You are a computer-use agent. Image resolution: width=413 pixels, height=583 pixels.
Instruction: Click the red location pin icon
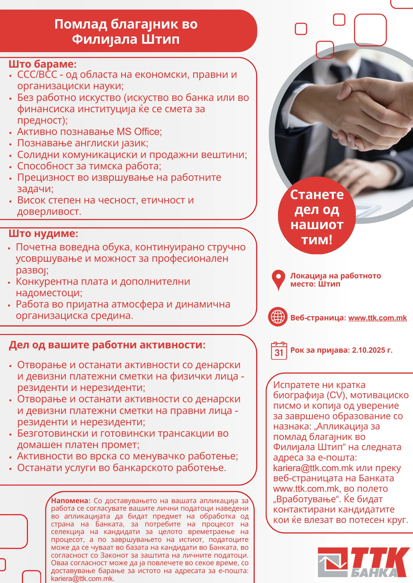[278, 279]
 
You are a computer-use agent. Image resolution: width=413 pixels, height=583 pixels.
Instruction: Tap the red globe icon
[278, 317]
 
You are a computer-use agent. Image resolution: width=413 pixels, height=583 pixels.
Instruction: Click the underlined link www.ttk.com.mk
[377, 318]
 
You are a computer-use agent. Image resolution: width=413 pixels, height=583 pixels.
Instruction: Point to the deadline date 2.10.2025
[369, 350]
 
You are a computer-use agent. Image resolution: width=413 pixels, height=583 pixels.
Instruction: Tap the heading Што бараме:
[42, 64]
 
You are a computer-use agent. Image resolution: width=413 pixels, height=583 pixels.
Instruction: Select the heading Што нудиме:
[43, 233]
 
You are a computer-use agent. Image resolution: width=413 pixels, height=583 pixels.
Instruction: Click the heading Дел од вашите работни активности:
[107, 345]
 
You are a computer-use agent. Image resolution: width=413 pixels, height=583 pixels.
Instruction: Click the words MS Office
[139, 132]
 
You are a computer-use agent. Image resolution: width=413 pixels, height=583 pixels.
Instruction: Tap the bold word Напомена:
[71, 501]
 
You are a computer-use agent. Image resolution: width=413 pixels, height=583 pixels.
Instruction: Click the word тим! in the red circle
[317, 240]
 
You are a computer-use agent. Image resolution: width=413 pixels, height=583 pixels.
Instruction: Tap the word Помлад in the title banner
[81, 24]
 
